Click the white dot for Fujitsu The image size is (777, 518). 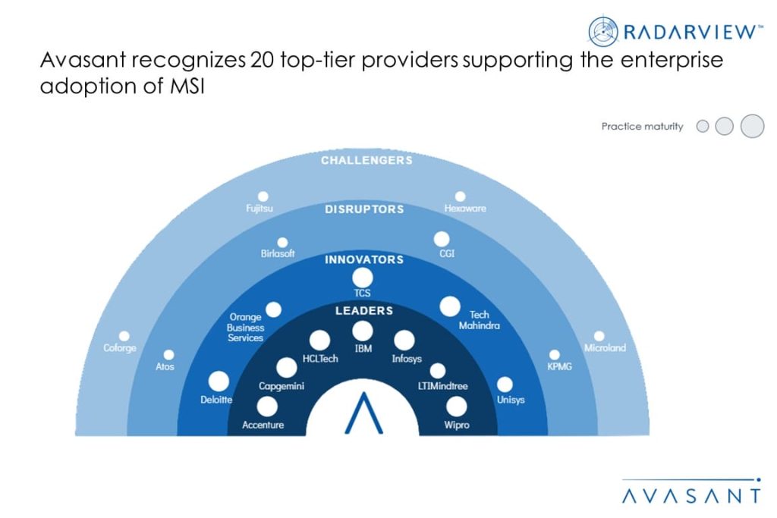(x=263, y=196)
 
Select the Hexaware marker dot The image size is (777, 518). (x=460, y=196)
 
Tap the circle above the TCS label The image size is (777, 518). (x=363, y=278)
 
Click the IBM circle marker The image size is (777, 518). (x=363, y=331)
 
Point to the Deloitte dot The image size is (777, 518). (x=219, y=381)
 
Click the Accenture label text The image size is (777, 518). (x=263, y=425)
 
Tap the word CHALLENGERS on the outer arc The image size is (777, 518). (x=366, y=161)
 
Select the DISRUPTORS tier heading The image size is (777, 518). (x=364, y=209)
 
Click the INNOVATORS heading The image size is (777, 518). (x=364, y=259)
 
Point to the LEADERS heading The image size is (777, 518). (x=364, y=311)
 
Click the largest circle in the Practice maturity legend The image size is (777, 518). (x=752, y=126)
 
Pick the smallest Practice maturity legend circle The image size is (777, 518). (x=703, y=127)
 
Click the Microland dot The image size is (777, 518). (x=599, y=335)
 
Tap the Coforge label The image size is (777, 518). (x=120, y=349)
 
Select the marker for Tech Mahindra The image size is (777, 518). (x=450, y=306)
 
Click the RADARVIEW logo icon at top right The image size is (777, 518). (x=604, y=31)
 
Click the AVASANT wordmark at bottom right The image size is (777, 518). (x=690, y=496)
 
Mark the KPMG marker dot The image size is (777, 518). (x=555, y=354)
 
